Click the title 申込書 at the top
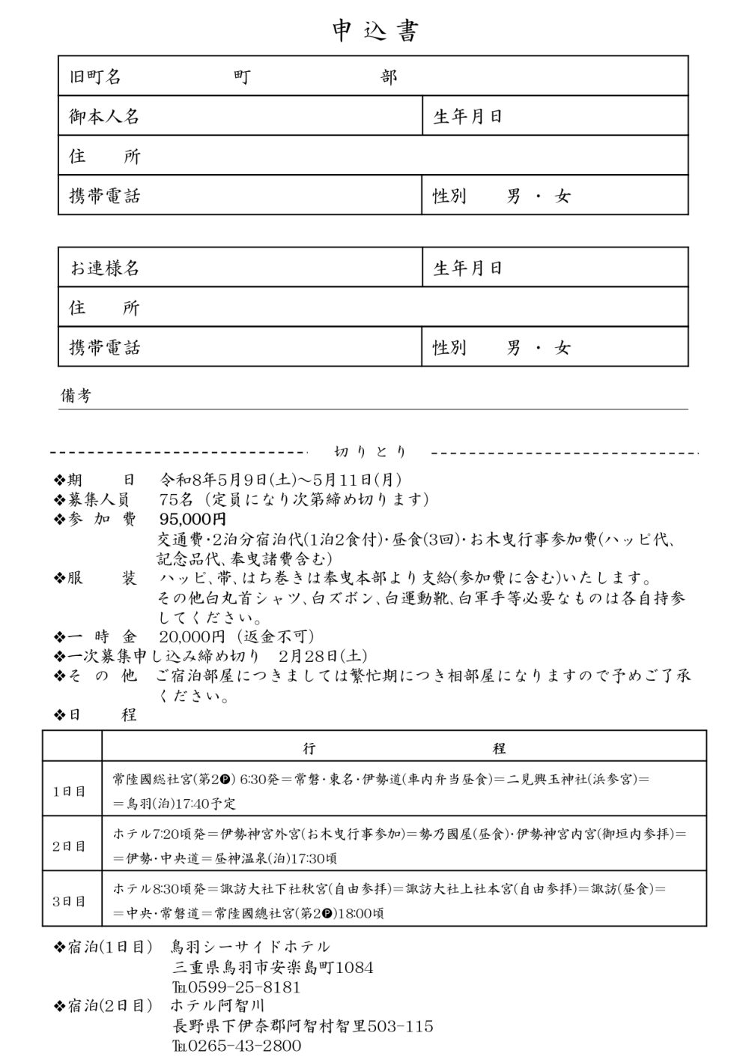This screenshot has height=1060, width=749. (375, 31)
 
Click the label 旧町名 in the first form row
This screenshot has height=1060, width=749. (95, 76)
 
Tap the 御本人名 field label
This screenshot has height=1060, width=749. (104, 116)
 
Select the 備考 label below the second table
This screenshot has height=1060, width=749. (76, 396)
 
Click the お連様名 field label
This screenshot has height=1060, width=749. (104, 268)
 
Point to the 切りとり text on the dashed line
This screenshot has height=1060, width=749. (370, 451)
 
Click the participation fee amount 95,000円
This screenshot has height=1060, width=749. (192, 519)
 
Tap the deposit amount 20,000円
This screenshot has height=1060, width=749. (192, 636)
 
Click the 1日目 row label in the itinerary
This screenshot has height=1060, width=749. (70, 791)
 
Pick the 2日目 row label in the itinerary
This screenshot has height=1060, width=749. (70, 846)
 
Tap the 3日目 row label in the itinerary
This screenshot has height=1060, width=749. (70, 900)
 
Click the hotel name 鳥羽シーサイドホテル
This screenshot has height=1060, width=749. (250, 947)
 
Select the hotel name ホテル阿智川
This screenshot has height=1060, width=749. (217, 1005)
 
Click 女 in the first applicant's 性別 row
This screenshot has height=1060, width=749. (562, 196)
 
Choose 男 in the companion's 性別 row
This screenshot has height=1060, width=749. (514, 348)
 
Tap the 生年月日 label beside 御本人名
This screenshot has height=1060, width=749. (467, 116)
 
